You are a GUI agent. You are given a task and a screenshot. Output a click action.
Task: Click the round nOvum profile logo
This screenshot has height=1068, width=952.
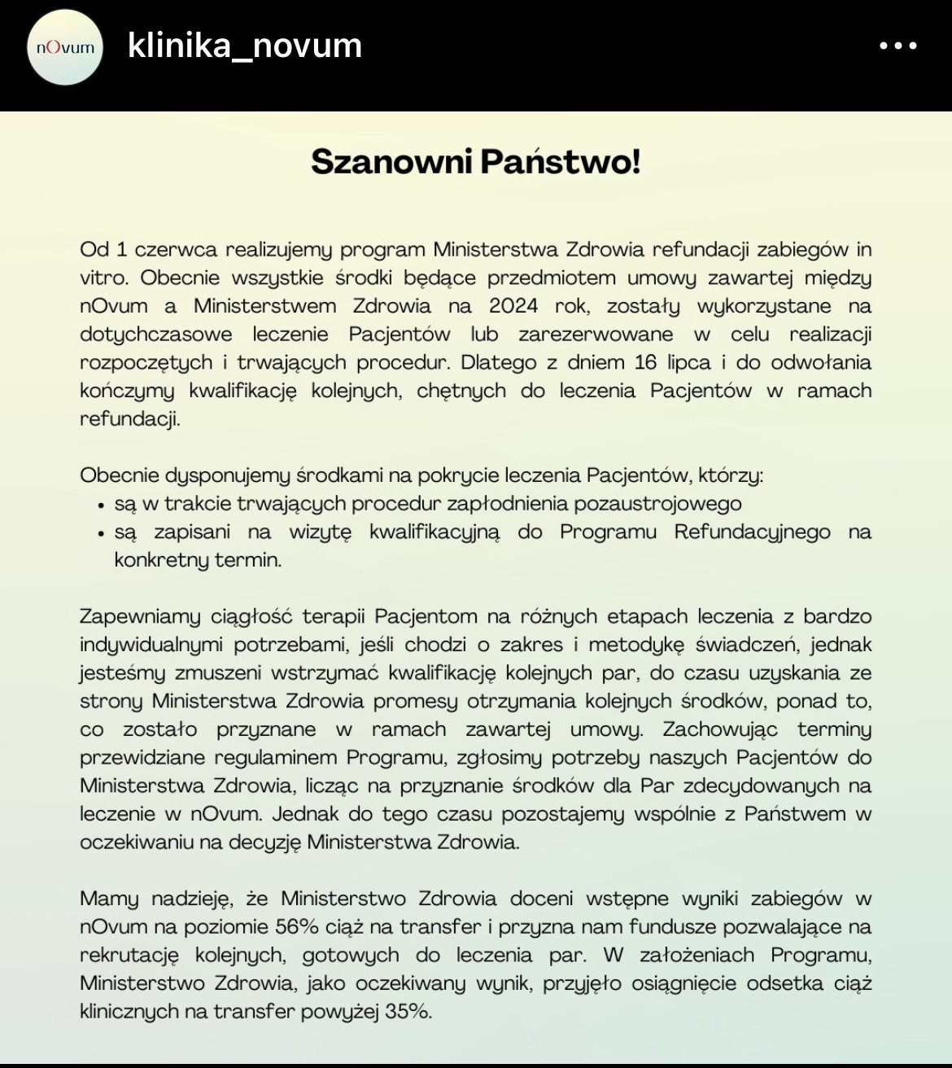click(65, 47)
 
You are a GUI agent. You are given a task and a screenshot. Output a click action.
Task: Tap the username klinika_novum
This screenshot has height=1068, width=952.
click(245, 46)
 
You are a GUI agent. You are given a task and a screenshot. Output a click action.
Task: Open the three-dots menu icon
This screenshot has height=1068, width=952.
click(898, 46)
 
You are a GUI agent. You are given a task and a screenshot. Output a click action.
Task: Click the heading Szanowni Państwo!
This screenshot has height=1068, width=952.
click(476, 161)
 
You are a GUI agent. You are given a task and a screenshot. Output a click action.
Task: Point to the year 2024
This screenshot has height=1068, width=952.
click(513, 306)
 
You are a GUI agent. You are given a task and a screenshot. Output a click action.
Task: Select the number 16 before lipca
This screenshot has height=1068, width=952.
click(645, 362)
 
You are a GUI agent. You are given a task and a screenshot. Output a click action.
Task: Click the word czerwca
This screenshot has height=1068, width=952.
click(175, 250)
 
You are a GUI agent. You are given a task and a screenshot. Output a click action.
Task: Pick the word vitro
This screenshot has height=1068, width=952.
click(103, 278)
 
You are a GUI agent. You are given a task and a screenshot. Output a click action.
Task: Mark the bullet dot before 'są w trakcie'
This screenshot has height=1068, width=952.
click(101, 506)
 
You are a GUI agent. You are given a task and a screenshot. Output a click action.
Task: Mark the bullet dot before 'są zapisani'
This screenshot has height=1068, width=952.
click(101, 534)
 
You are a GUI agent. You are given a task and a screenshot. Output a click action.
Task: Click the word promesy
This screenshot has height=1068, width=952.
click(415, 702)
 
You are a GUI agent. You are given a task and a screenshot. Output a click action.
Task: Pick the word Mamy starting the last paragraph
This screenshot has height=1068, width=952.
click(109, 899)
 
